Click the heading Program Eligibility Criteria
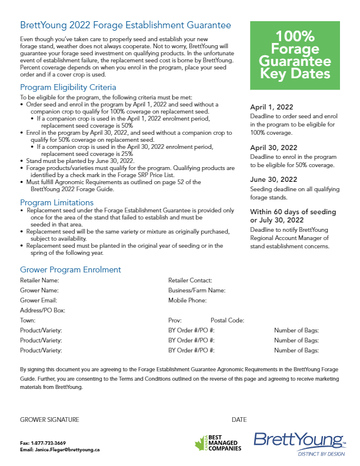(x=68, y=86)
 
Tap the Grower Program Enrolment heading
(x=71, y=269)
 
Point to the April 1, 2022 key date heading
(x=271, y=107)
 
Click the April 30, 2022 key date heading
(x=274, y=148)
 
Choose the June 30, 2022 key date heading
(x=274, y=179)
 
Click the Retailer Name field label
(x=39, y=281)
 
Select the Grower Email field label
(x=39, y=300)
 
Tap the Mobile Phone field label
(x=187, y=300)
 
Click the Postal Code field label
(x=227, y=320)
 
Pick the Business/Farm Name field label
(x=196, y=291)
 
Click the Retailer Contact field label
(x=190, y=281)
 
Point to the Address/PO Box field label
(x=42, y=310)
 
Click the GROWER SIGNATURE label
(x=49, y=420)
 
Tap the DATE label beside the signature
(x=239, y=420)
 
